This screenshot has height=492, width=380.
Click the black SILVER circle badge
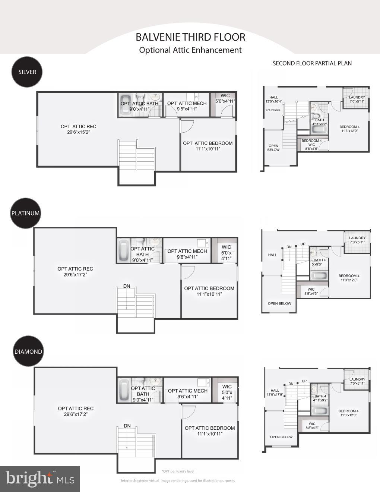point(27,72)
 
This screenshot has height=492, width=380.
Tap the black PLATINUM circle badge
point(25,213)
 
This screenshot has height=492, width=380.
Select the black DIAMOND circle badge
point(28,351)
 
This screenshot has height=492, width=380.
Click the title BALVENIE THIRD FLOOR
point(190,37)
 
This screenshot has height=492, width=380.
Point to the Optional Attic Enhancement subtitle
point(190,50)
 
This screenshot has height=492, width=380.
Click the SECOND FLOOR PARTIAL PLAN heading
point(312,63)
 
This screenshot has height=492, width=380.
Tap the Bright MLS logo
point(39,479)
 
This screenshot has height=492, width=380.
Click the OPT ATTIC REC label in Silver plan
point(79,129)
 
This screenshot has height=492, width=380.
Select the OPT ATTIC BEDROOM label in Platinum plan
point(209,291)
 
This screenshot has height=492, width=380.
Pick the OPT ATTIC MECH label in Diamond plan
point(188,393)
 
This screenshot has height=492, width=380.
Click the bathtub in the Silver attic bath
point(124,105)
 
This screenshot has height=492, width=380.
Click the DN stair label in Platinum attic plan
point(127,286)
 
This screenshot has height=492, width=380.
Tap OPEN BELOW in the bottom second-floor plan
point(281,437)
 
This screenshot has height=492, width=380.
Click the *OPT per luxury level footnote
point(178,471)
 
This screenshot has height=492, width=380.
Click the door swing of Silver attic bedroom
point(186,126)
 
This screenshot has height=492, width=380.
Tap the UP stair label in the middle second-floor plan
point(303,244)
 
